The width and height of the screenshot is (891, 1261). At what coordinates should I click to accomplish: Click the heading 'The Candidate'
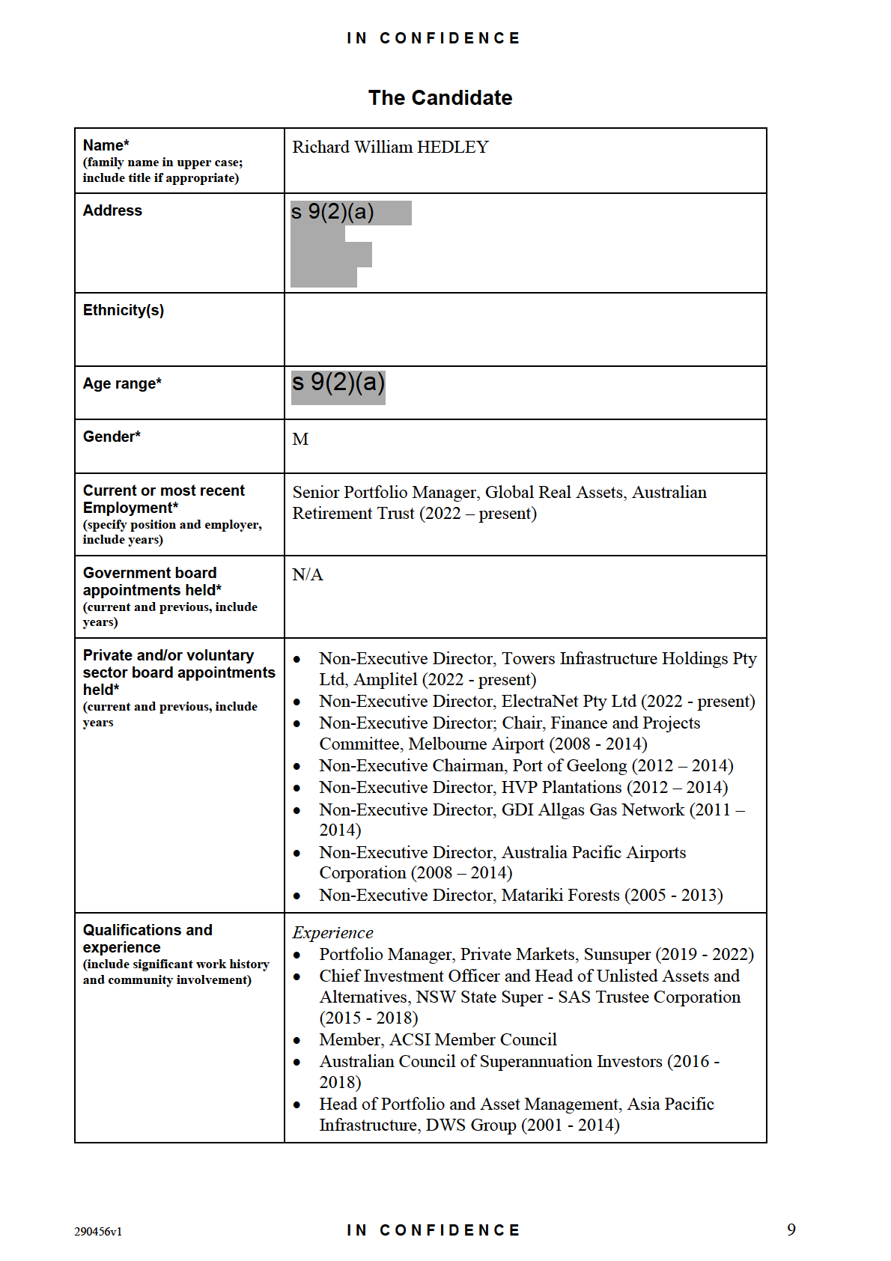(440, 98)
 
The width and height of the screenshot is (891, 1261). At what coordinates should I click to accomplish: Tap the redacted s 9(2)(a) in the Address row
(333, 213)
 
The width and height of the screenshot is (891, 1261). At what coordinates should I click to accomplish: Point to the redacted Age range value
(338, 383)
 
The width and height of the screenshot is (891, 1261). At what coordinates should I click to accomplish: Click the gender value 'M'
(300, 440)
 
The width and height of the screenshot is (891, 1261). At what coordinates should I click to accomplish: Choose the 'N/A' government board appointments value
(308, 575)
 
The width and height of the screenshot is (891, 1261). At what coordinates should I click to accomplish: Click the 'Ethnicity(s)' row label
(124, 311)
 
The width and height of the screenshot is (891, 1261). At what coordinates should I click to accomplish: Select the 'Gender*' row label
(112, 437)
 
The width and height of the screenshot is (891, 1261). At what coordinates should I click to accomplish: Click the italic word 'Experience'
(332, 933)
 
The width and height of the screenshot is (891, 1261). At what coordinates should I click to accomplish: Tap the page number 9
(791, 1230)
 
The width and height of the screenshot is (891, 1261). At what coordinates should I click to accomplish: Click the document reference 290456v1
(98, 1232)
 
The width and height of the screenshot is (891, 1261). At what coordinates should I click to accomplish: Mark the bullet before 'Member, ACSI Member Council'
(297, 1040)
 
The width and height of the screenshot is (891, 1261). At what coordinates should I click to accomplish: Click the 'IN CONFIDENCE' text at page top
(434, 38)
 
